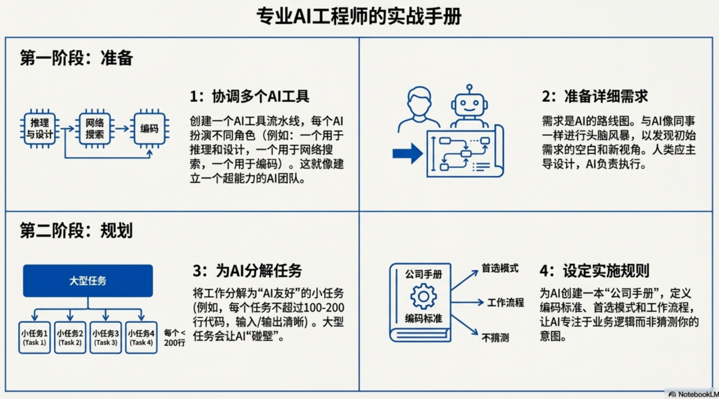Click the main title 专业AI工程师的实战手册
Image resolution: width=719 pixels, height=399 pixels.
coord(359,16)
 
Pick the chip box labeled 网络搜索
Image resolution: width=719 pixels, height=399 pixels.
coord(95,127)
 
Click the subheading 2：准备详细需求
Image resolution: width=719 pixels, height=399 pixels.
coord(595,97)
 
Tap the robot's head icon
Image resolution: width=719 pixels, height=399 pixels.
coord(469,104)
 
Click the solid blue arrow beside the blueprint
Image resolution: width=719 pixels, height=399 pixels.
coord(407,154)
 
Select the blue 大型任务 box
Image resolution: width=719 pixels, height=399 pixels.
coord(88,280)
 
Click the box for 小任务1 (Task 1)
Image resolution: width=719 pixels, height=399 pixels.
coord(34,337)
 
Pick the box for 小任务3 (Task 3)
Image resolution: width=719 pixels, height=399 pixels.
coord(106,337)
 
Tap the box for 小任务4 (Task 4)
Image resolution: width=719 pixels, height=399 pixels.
coord(141,337)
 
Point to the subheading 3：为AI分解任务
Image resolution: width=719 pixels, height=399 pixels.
coord(247,270)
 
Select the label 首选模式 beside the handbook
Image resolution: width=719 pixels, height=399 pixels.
coord(500,270)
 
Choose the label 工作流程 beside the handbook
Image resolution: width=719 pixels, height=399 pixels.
coord(505,302)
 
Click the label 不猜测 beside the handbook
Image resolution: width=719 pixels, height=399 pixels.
coord(495,338)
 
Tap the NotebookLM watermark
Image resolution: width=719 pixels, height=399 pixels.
coord(692,394)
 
